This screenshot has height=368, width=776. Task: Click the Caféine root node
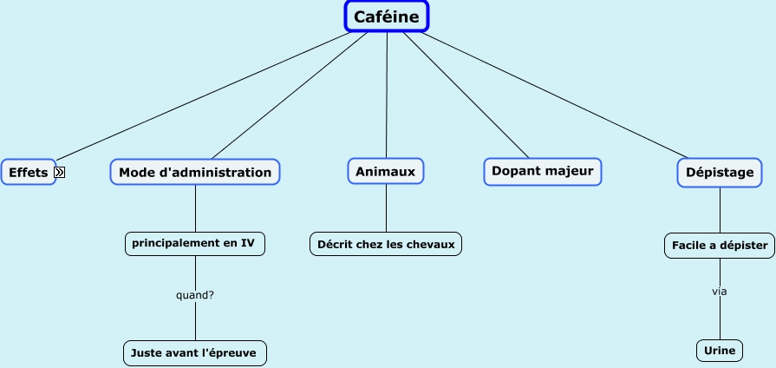pos(387,17)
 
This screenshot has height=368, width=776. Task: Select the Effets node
pos(28,173)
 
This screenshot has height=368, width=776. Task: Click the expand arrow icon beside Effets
pos(60,173)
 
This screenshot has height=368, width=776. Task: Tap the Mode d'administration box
pos(195,172)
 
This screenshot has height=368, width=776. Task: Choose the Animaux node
pos(386,172)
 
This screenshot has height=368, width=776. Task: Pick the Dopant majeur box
pos(542,171)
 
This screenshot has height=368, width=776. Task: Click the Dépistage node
pos(720,173)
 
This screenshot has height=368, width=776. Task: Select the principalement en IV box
pos(195,244)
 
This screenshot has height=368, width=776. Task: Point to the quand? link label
pos(195,295)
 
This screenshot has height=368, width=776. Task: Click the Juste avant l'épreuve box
pos(195,352)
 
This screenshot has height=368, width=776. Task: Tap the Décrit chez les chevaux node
pos(386,244)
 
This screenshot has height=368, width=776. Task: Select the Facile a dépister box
pos(720,246)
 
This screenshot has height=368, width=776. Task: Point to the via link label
pos(720,292)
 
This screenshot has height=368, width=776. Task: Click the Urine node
pos(720,351)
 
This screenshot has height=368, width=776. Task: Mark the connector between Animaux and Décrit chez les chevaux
pos(386,208)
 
